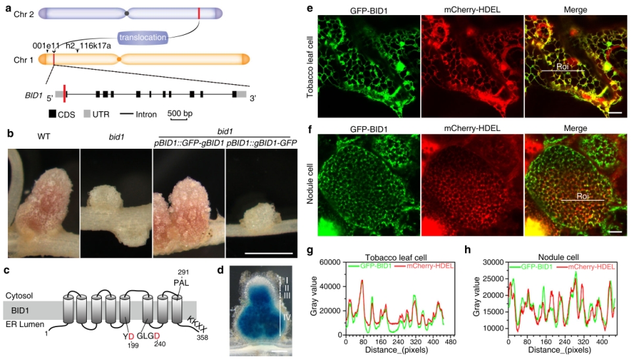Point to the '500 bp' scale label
pyautogui.click(x=180, y=115)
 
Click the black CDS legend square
pyautogui.click(x=52, y=115)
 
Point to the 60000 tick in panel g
pyautogui.click(x=331, y=263)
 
